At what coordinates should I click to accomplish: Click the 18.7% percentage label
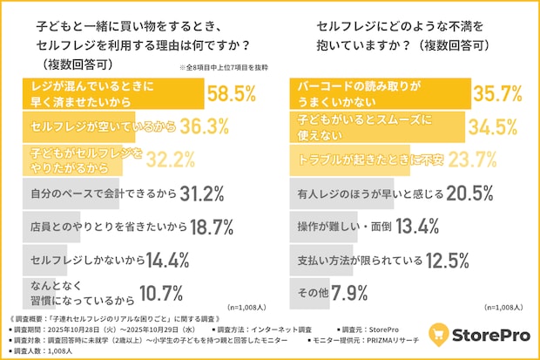pos(209,228)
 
